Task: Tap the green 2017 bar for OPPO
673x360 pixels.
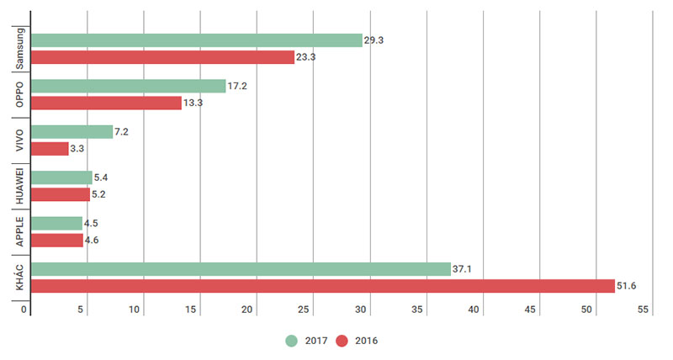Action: (128, 86)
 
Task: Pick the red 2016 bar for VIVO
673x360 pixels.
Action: (50, 149)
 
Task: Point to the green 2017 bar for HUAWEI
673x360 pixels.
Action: (61, 177)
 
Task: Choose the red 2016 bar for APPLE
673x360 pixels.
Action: (57, 241)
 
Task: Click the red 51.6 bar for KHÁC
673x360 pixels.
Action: (323, 286)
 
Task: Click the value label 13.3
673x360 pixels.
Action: (193, 103)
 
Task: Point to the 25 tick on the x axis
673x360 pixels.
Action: (305, 310)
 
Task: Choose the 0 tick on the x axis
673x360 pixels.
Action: (25, 310)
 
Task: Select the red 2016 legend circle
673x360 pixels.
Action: (342, 341)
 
